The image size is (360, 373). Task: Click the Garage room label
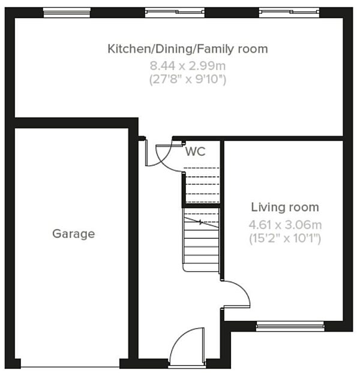click(73, 233)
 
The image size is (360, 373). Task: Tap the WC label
click(195, 152)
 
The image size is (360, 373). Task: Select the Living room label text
click(285, 207)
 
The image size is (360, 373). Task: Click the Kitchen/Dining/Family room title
click(187, 49)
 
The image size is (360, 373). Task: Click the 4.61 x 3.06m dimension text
click(285, 225)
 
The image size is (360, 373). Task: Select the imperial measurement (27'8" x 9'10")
click(187, 79)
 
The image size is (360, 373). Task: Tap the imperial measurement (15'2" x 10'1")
click(285, 239)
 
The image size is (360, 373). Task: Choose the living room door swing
click(236, 294)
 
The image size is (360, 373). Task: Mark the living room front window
click(290, 326)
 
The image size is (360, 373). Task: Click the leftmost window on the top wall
click(67, 11)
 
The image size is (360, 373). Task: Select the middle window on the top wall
click(173, 11)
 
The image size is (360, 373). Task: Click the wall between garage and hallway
click(133, 240)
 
